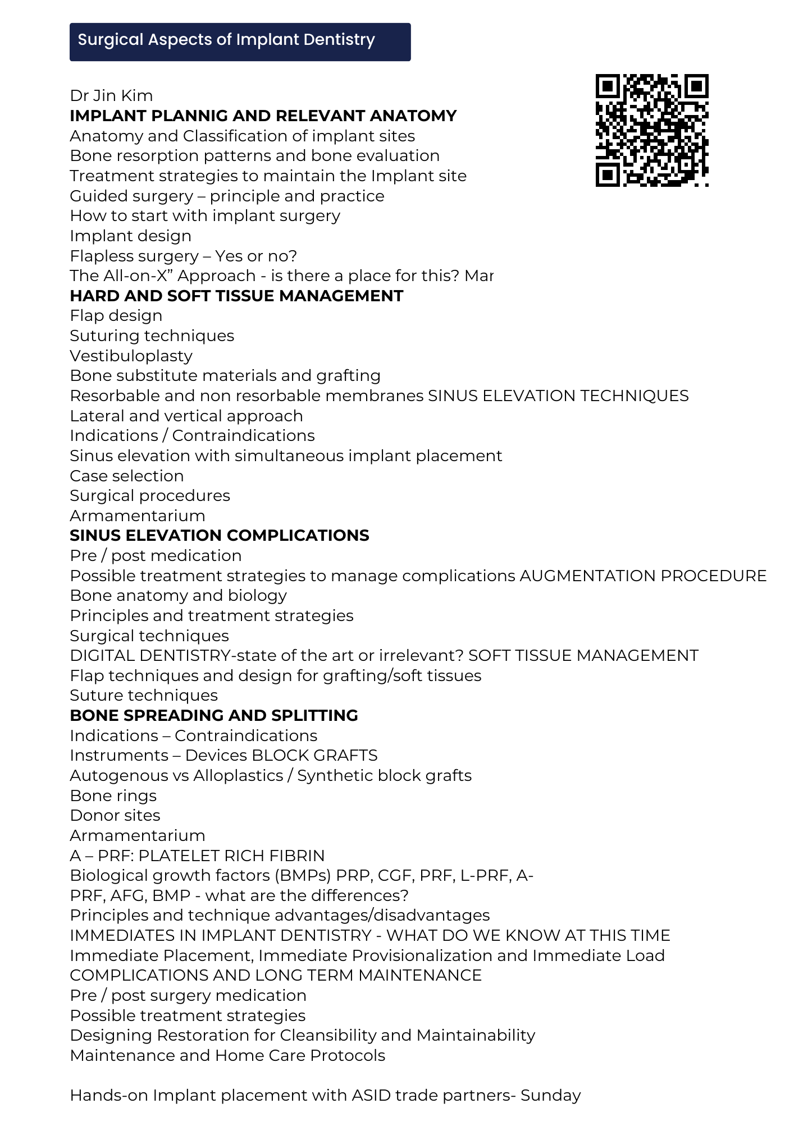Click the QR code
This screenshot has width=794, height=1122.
pyautogui.click(x=651, y=130)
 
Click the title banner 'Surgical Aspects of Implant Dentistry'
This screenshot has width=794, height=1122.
pyautogui.click(x=240, y=42)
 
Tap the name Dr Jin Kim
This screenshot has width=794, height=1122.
pyautogui.click(x=111, y=96)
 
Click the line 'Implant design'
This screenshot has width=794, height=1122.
pyautogui.click(x=130, y=236)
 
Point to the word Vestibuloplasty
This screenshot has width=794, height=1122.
pyautogui.click(x=131, y=356)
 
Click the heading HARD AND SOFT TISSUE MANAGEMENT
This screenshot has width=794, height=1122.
pyautogui.click(x=236, y=296)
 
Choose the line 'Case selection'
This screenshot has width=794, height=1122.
pyautogui.click(x=126, y=476)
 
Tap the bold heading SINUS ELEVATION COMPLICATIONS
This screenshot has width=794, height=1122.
pyautogui.click(x=219, y=536)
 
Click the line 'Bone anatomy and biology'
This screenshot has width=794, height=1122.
pyautogui.click(x=178, y=596)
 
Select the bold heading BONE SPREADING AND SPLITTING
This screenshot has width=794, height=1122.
pyautogui.click(x=213, y=716)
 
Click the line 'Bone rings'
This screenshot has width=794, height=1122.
pyautogui.click(x=113, y=796)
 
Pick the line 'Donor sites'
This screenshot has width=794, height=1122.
pyautogui.click(x=115, y=816)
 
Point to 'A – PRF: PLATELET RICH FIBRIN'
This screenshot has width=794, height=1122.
pyautogui.click(x=197, y=856)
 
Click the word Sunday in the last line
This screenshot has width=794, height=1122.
pyautogui.click(x=550, y=1096)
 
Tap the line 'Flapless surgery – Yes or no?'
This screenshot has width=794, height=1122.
pyautogui.click(x=183, y=256)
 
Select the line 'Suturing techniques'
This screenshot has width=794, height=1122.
pyautogui.click(x=152, y=336)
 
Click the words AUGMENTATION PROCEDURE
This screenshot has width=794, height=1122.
pyautogui.click(x=643, y=576)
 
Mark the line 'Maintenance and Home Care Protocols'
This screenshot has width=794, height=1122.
pyautogui.click(x=227, y=1056)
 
